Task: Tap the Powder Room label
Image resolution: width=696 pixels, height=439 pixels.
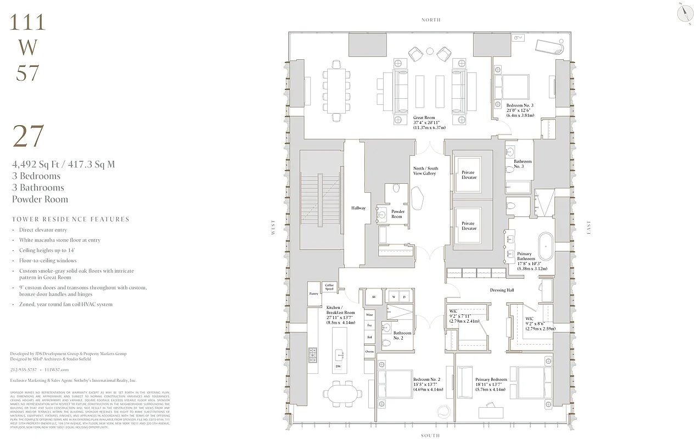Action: tap(397, 213)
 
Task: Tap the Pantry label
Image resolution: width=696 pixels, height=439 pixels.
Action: tap(313, 294)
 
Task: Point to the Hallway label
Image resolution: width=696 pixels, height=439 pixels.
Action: tap(358, 208)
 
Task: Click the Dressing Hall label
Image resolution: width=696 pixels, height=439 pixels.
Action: tap(501, 290)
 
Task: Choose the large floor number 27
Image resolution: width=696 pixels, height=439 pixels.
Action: tap(28, 137)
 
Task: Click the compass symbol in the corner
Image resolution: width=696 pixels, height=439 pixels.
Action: tap(684, 14)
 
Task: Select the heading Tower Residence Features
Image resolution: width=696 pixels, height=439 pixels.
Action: tap(70, 219)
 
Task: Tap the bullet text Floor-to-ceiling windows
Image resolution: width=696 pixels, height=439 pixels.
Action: tap(48, 261)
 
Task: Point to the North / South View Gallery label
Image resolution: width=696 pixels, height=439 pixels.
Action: tap(425, 171)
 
